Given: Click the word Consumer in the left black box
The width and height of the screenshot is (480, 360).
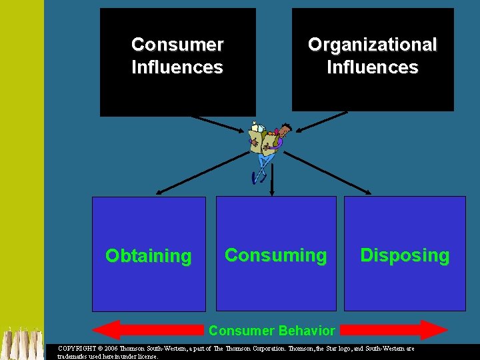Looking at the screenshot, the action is pyautogui.click(x=177, y=45).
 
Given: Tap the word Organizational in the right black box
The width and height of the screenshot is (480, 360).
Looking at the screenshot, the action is pyautogui.click(x=372, y=45).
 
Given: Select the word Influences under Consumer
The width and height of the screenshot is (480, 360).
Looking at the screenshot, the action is pyautogui.click(x=177, y=67).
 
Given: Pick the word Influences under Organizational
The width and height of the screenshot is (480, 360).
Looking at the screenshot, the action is pyautogui.click(x=372, y=67).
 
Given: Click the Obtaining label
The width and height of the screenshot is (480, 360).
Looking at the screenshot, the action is pyautogui.click(x=148, y=256).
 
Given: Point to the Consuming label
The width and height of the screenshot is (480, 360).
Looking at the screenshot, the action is pyautogui.click(x=275, y=255).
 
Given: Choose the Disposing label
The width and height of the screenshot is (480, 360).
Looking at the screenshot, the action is pyautogui.click(x=405, y=255).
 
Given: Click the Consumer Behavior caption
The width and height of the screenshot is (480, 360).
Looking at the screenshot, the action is pyautogui.click(x=272, y=331).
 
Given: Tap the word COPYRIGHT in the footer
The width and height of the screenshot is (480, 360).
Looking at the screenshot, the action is pyautogui.click(x=77, y=349).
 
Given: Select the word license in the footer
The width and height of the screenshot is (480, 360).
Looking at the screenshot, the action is pyautogui.click(x=145, y=356).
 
